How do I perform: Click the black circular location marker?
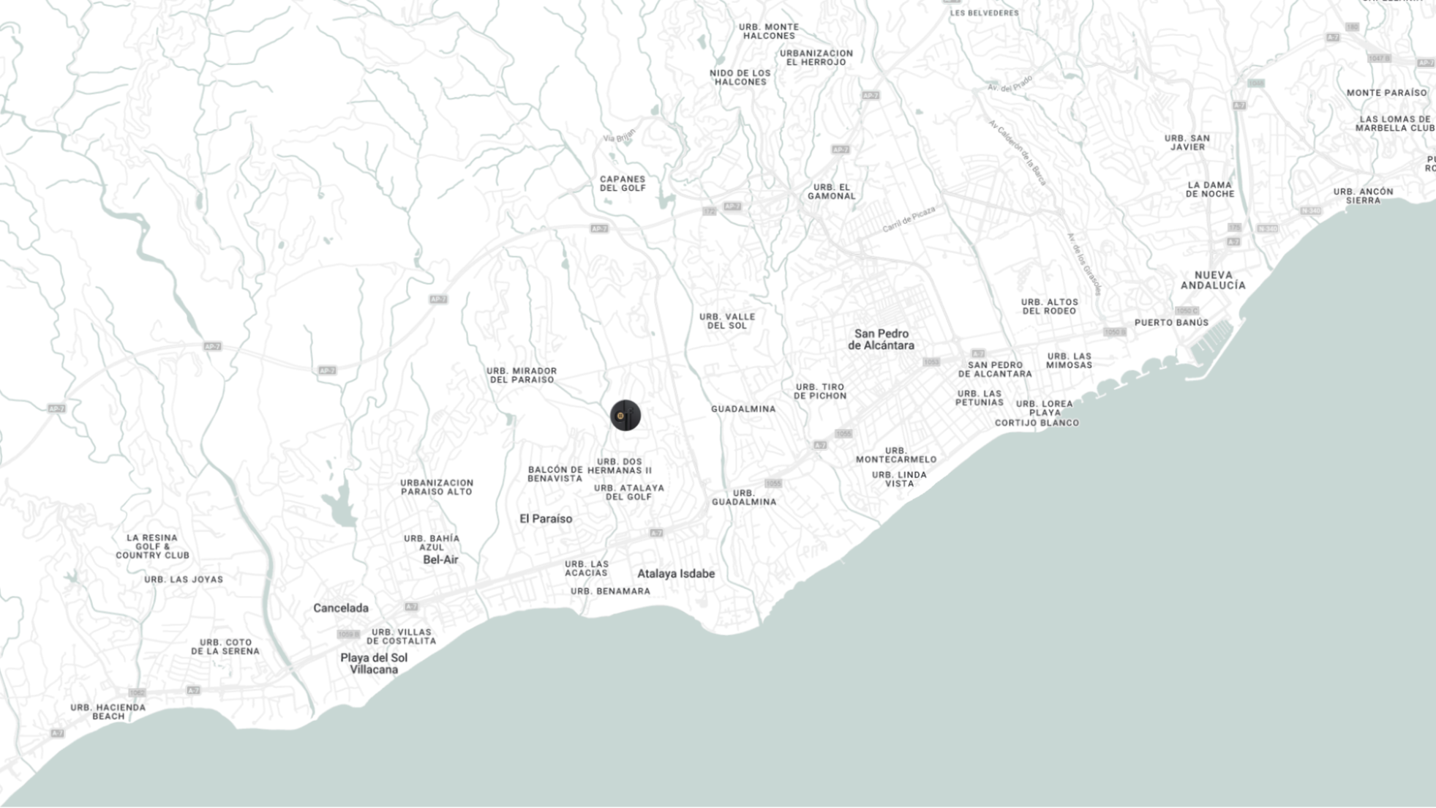[x=625, y=416]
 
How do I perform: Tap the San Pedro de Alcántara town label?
[x=881, y=340]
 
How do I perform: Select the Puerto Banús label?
[x=1171, y=323]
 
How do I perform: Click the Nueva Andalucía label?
[x=1213, y=280]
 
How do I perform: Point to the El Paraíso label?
[x=546, y=519]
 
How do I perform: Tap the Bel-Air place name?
[x=440, y=560]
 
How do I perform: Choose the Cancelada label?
[x=341, y=608]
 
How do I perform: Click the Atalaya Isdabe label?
[x=676, y=574]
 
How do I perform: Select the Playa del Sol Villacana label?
[x=374, y=664]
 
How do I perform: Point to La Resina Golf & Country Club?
[x=152, y=547]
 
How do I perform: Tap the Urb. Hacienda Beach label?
[x=108, y=712]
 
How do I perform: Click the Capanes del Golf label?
[x=623, y=184]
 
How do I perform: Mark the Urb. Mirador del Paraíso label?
[x=522, y=375]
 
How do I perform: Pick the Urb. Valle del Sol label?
[x=727, y=321]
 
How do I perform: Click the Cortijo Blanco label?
[x=1037, y=423]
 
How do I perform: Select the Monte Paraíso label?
[x=1386, y=93]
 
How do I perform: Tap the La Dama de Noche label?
[x=1210, y=190]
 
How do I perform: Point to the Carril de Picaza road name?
[x=909, y=220]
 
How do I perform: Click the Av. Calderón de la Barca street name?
[x=1017, y=152]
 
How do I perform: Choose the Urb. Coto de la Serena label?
[x=225, y=647]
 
